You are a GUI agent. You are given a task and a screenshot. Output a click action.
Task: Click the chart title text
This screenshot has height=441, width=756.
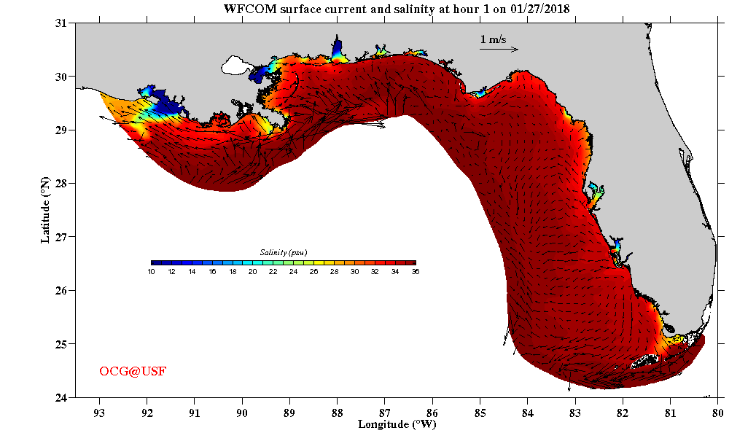point(397,9)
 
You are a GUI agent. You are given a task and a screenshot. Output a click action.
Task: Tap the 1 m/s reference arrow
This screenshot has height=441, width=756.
point(499,50)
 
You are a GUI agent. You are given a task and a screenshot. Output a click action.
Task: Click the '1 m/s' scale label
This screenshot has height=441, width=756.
point(493,39)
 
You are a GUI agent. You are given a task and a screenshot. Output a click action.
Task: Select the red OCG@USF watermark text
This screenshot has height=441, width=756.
point(133,372)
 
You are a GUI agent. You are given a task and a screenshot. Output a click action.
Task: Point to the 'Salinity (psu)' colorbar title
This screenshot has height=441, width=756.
point(283,252)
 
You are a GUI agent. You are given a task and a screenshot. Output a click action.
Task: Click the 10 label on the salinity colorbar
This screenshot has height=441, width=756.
point(151,272)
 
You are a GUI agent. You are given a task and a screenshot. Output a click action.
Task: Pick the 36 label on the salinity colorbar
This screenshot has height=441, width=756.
point(416,272)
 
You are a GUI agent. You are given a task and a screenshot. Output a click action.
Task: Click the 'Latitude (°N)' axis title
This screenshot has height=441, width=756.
point(45,210)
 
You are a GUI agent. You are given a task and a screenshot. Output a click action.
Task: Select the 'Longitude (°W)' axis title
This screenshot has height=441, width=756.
point(397,424)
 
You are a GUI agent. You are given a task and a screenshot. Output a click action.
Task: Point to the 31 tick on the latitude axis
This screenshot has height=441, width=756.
point(62,23)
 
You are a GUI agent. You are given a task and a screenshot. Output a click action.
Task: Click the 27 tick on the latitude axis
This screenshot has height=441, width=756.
point(62,237)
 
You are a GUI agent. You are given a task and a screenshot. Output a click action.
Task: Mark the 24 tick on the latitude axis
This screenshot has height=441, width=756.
point(62,397)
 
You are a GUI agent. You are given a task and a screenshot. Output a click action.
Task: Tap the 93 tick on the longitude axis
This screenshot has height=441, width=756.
point(98,411)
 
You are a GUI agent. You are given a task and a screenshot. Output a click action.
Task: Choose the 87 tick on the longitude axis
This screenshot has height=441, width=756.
point(385,411)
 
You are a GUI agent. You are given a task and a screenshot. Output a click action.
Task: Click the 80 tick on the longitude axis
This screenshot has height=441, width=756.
point(718,411)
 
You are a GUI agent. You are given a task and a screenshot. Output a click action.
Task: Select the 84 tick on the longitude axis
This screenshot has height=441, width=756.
point(528,411)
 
